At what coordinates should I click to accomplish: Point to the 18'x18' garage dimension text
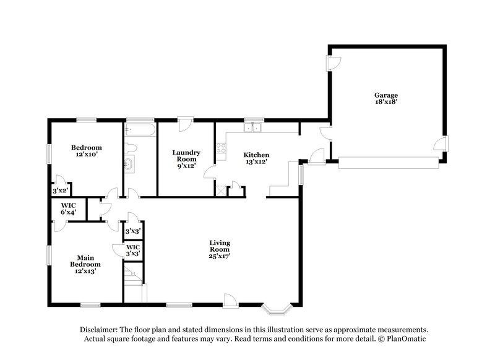pyautogui.click(x=385, y=103)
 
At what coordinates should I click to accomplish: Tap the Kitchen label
pyautogui.click(x=256, y=155)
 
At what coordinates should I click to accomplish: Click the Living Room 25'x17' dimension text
pyautogui.click(x=220, y=257)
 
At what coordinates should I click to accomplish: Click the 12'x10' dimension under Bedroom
pyautogui.click(x=86, y=156)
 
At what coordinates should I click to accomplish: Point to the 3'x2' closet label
pyautogui.click(x=59, y=191)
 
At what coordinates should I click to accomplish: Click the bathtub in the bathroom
pyautogui.click(x=140, y=131)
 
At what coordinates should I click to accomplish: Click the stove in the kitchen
pyautogui.click(x=220, y=148)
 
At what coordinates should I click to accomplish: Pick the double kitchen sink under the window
pyautogui.click(x=253, y=128)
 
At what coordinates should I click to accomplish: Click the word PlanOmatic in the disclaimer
pyautogui.click(x=405, y=339)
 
